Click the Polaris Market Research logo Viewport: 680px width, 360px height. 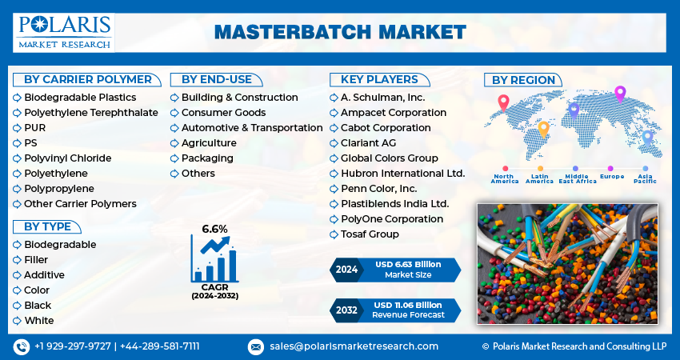[x=64, y=31]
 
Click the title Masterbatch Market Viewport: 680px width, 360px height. [x=340, y=32]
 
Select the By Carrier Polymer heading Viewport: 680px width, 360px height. [x=87, y=79]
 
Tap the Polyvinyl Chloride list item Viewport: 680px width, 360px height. [x=67, y=158]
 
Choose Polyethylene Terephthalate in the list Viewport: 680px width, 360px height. [x=90, y=113]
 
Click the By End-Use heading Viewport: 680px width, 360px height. [x=216, y=79]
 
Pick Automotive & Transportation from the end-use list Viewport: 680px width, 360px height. [x=251, y=128]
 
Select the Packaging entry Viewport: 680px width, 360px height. [x=206, y=158]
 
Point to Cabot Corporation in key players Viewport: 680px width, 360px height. [x=385, y=128]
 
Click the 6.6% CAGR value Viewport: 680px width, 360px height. [x=214, y=229]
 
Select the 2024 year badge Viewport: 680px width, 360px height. [x=346, y=270]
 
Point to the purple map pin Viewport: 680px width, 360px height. [x=619, y=94]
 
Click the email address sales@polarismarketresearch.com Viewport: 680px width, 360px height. [x=353, y=346]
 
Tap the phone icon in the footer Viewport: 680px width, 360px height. [x=22, y=346]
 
